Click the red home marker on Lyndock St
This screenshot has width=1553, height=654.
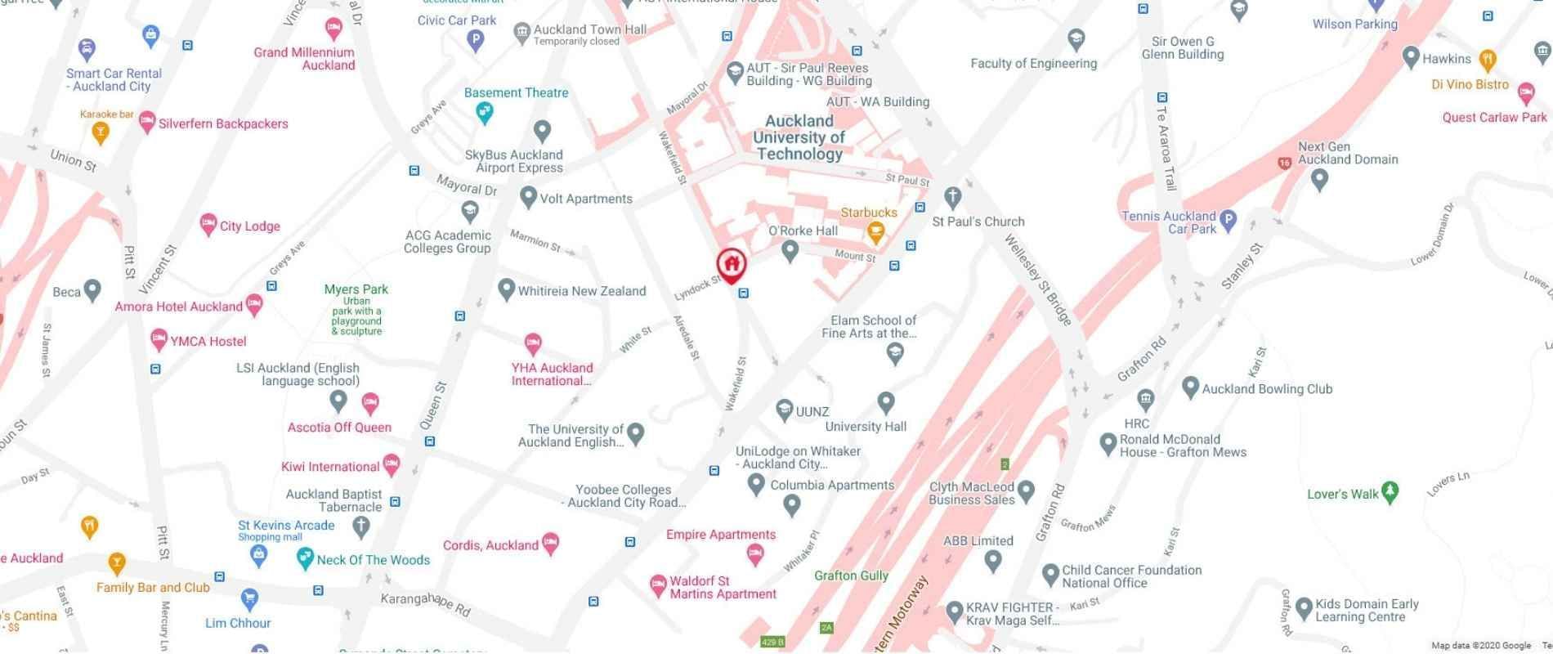(732, 264)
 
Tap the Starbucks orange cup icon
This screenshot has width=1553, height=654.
(875, 232)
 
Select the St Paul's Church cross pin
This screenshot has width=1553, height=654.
(951, 197)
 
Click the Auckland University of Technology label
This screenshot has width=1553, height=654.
(799, 137)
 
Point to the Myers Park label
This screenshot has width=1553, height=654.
(356, 289)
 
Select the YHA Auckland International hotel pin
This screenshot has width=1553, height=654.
(533, 343)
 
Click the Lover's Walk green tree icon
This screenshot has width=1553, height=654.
(1390, 492)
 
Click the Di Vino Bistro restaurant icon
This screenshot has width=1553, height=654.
(1488, 60)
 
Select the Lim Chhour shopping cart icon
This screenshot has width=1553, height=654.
(249, 598)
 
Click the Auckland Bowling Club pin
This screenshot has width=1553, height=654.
(1190, 387)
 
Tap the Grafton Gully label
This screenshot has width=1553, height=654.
(851, 576)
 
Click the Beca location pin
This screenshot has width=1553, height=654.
(92, 289)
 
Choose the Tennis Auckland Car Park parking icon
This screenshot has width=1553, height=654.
(1228, 219)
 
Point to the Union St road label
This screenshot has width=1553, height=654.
(73, 159)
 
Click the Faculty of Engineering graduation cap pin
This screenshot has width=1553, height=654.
(1076, 38)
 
